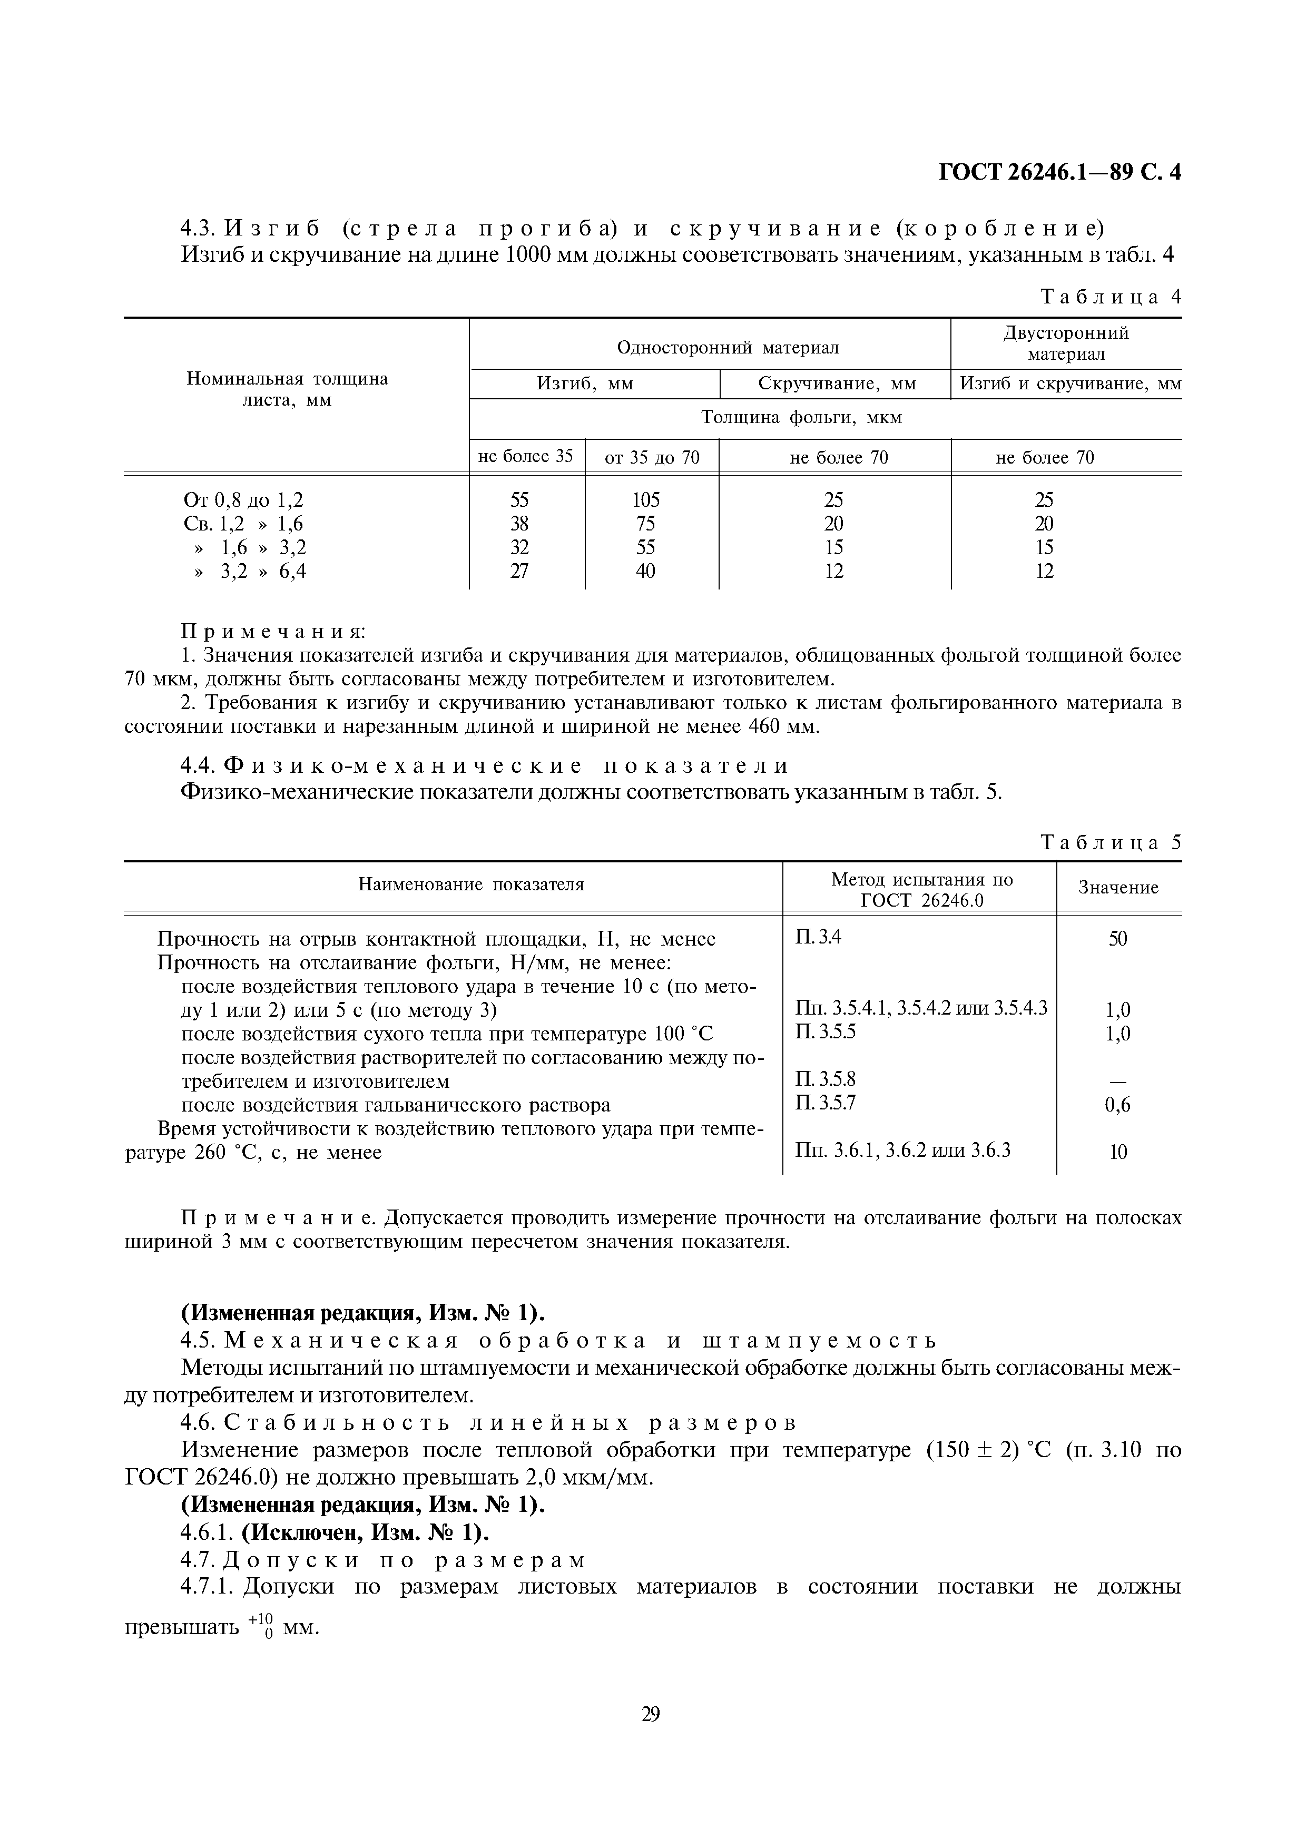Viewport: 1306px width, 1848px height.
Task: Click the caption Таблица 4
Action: click(1111, 297)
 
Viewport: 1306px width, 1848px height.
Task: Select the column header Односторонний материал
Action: click(728, 347)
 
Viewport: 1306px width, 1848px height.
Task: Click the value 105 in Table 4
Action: click(645, 500)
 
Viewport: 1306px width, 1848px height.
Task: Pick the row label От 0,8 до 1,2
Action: click(244, 500)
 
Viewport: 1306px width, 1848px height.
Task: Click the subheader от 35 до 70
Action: click(652, 458)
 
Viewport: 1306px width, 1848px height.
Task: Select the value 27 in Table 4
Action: click(520, 572)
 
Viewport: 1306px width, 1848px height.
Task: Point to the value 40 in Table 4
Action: click(645, 572)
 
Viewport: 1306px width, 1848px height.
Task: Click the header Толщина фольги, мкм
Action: click(801, 418)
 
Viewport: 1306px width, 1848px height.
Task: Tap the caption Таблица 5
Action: click(1111, 843)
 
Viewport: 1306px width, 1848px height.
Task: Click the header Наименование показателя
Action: click(471, 884)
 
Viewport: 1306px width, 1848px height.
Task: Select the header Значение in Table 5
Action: click(1118, 888)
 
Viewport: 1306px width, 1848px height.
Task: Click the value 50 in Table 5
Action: click(1118, 939)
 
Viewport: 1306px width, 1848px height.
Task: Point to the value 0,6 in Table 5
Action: click(1118, 1105)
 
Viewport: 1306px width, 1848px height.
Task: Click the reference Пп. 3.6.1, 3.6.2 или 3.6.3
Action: click(902, 1151)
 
